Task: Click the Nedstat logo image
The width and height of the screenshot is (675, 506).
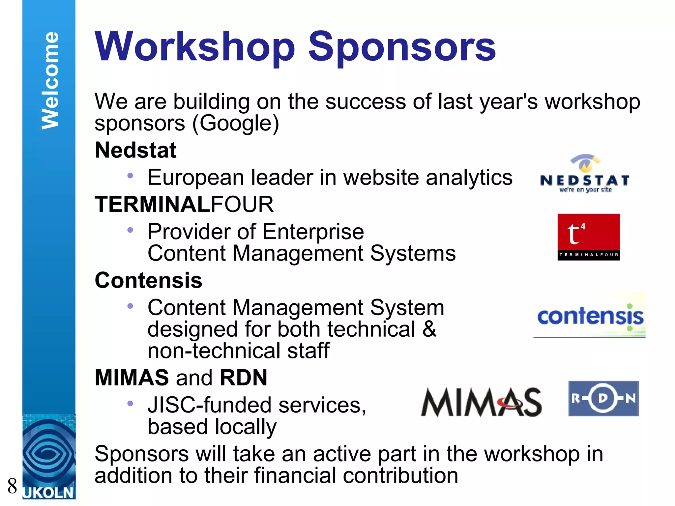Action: pos(585,174)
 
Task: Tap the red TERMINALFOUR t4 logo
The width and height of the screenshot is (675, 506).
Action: pos(588,237)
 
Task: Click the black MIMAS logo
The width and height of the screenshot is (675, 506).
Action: pos(481,402)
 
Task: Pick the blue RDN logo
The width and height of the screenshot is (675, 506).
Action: pos(603,399)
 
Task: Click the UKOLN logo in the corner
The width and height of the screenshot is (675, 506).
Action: pos(49,458)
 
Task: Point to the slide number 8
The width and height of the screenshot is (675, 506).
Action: pos(12,486)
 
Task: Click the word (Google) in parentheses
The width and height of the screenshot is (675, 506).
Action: pos(235,123)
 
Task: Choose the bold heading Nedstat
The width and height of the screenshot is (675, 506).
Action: pos(135,150)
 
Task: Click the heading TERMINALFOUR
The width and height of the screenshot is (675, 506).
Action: pos(184,204)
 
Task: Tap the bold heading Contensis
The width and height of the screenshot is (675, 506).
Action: pos(148,280)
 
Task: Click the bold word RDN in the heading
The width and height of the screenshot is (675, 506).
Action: pos(244,378)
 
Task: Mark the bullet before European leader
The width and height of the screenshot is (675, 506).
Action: pos(130,176)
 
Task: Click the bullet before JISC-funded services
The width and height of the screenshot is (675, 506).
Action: pos(130,403)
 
